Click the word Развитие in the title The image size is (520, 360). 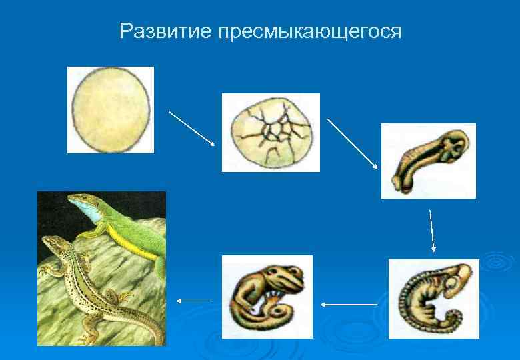pyautogui.click(x=165, y=31)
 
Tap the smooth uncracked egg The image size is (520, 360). pyautogui.click(x=111, y=110)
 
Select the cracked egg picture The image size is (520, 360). pyautogui.click(x=271, y=133)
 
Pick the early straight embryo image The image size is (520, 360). pyautogui.click(x=428, y=161)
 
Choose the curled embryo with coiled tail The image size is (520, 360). pyautogui.click(x=433, y=299)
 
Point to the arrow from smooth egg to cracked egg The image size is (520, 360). pyautogui.click(x=192, y=128)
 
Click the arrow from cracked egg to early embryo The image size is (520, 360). pyautogui.click(x=353, y=143)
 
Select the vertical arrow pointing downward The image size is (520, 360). pyautogui.click(x=432, y=231)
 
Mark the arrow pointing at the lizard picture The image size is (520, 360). pyautogui.click(x=193, y=301)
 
